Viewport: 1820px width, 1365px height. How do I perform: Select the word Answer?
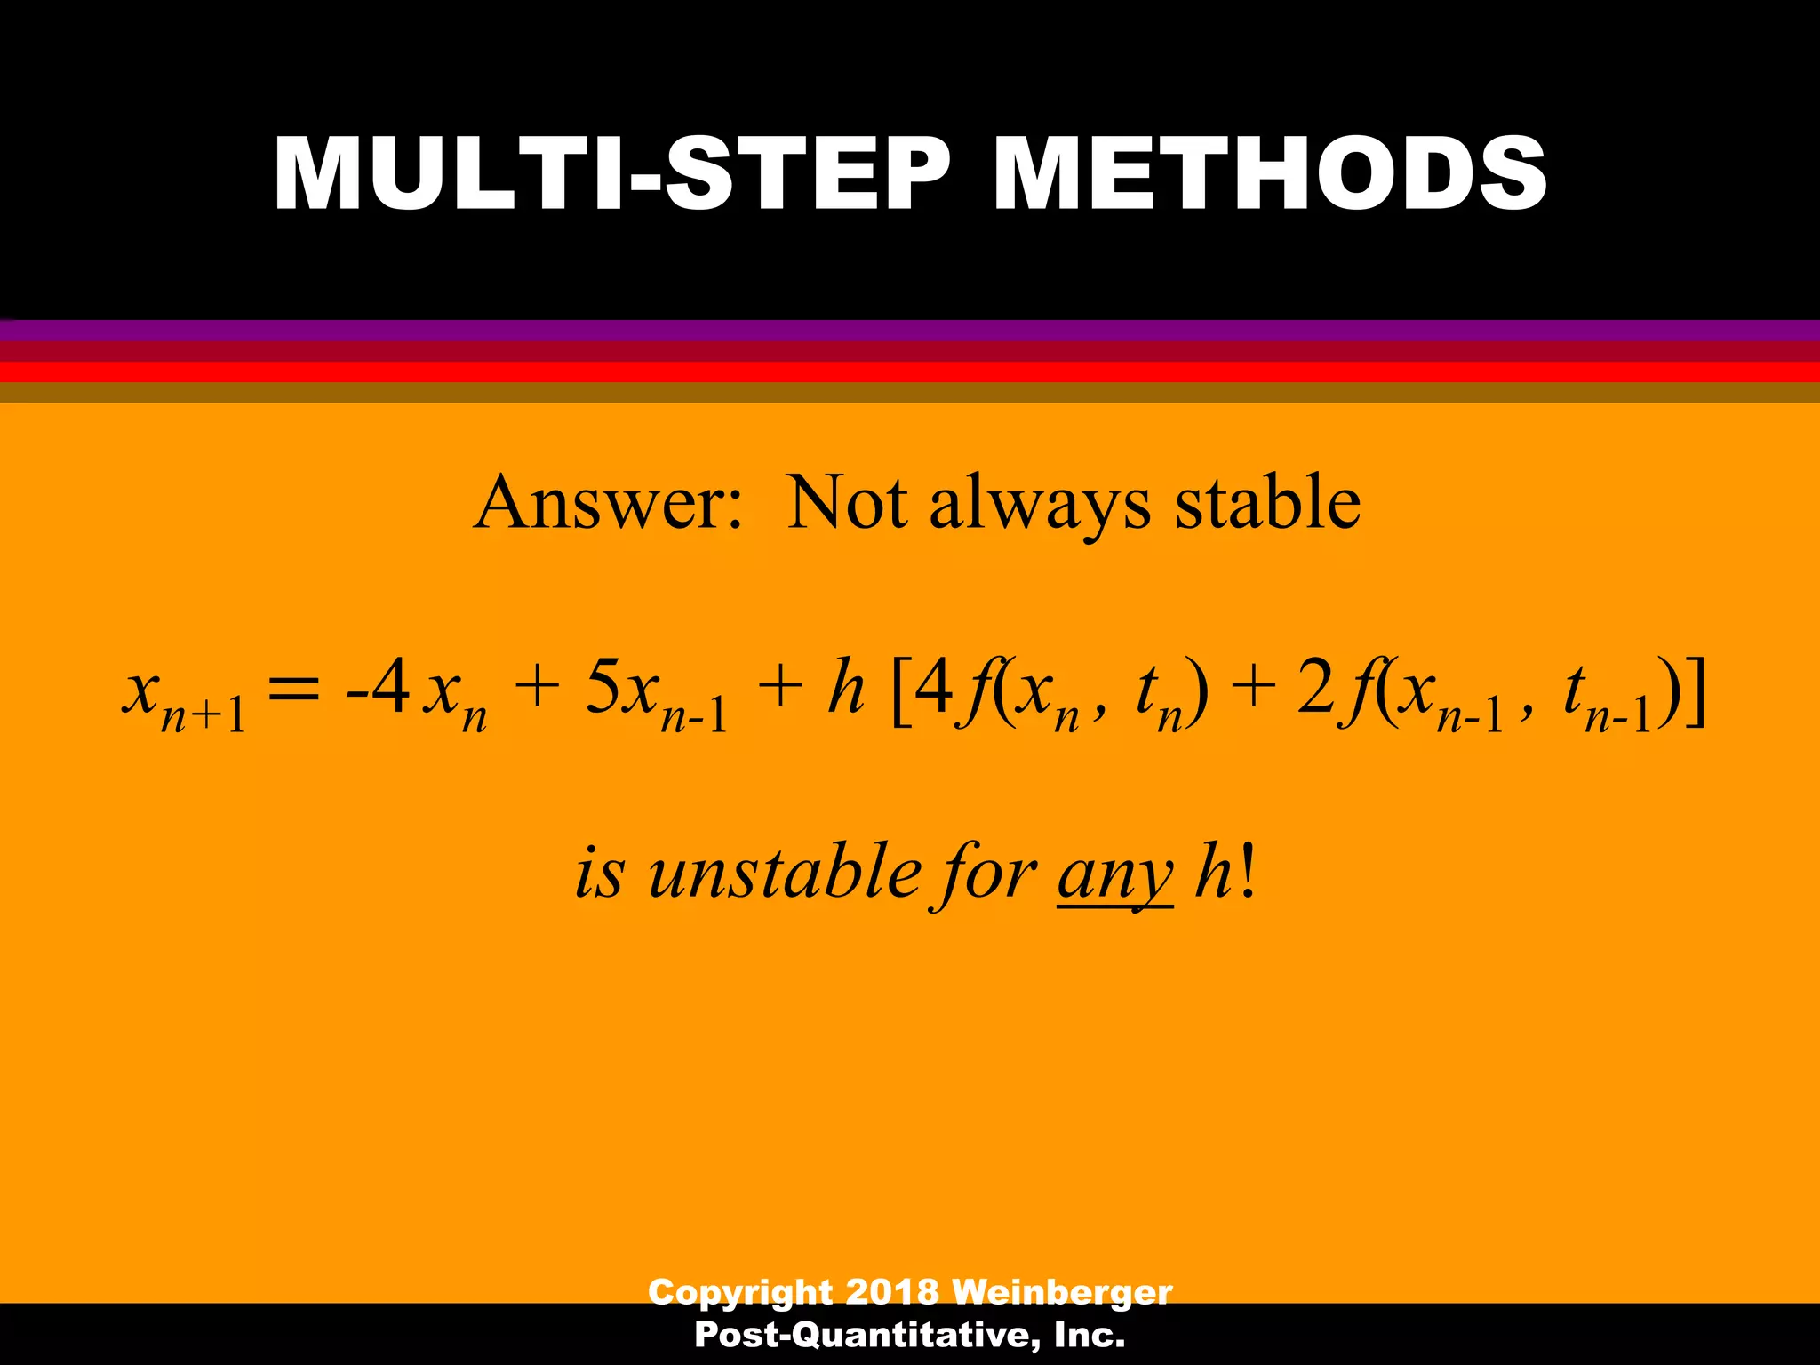tap(608, 503)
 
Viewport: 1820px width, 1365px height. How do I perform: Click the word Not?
tap(847, 503)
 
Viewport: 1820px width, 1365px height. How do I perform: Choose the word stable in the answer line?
tap(1268, 503)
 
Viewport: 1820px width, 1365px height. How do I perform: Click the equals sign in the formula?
tap(293, 691)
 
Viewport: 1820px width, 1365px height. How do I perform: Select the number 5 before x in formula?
tap(603, 688)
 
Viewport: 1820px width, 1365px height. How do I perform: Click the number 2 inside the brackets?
tap(1314, 688)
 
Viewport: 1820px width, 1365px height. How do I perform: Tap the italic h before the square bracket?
tap(845, 688)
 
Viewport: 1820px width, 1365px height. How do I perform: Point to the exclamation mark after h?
tap(1249, 873)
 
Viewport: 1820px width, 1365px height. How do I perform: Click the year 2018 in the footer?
tap(891, 1291)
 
